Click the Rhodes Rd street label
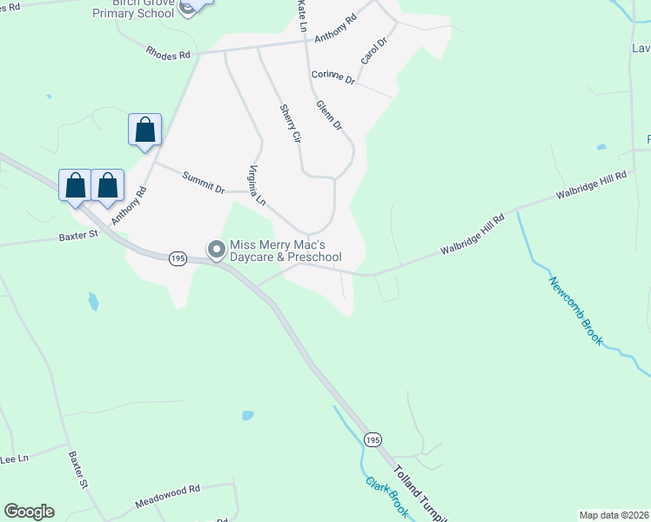(170, 55)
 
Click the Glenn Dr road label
(330, 115)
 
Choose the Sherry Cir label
(290, 124)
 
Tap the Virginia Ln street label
(257, 184)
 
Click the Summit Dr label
(204, 182)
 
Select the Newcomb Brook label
(575, 311)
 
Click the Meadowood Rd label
(168, 497)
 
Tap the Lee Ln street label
(14, 458)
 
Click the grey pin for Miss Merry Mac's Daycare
(216, 250)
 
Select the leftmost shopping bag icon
(76, 186)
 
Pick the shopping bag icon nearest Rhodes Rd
(144, 130)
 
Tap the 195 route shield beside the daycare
(178, 258)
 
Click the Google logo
(29, 512)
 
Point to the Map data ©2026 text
(614, 515)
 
